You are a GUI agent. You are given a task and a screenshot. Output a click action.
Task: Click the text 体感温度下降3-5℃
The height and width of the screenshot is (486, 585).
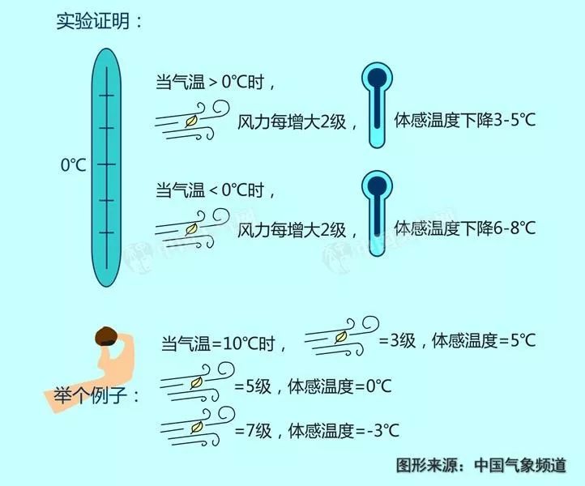pos(464,121)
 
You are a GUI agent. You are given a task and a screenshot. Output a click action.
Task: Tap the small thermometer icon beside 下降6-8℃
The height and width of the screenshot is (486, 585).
pos(375,213)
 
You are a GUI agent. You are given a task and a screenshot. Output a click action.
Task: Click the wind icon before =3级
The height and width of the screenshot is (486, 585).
pos(341,338)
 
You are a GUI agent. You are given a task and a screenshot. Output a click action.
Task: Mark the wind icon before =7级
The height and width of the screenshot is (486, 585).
pos(195,428)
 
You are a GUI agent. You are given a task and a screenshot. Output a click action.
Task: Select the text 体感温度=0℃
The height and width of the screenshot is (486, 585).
pos(339,386)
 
